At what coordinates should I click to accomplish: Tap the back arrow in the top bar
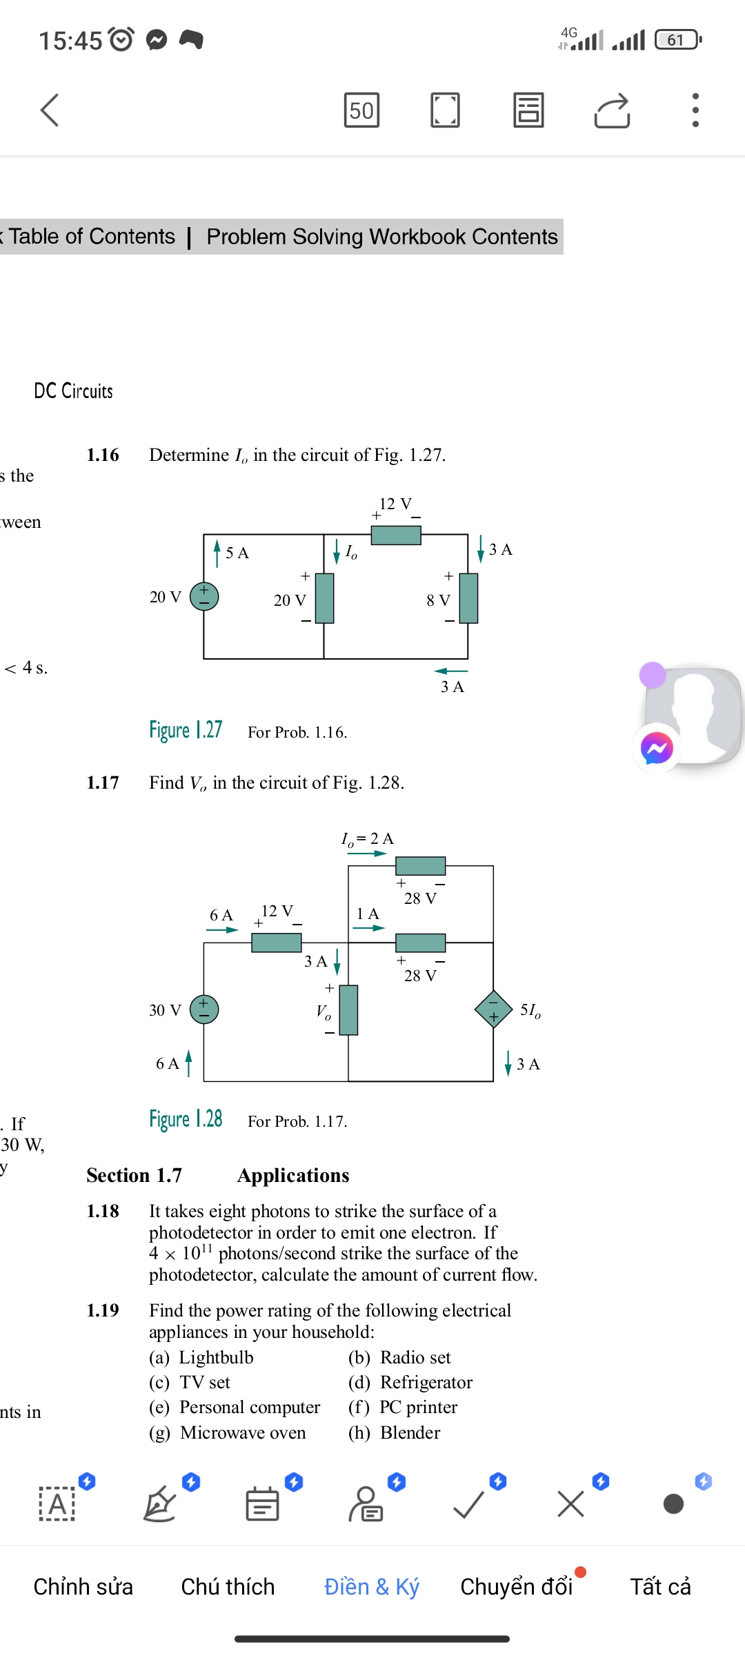pos(50,110)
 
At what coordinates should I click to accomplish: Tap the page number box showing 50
pos(361,110)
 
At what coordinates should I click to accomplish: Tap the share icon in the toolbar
pos(612,110)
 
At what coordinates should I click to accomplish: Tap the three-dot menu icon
pos(695,110)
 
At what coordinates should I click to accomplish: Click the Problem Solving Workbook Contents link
pos(381,237)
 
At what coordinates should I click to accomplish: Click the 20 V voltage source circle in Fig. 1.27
pos(204,596)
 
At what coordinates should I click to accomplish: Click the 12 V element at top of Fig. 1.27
pos(396,535)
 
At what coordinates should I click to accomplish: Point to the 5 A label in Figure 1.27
pos(237,553)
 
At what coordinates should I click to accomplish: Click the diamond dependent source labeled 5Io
pos(493,1009)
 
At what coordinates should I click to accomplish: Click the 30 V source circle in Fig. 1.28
pos(204,1009)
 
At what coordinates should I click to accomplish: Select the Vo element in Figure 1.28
pos(349,1010)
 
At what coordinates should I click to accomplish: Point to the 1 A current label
pos(367,914)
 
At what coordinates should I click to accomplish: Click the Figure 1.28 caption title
pos(186,1119)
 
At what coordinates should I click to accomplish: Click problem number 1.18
pos(103,1211)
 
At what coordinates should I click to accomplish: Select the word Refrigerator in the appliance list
pos(426,1382)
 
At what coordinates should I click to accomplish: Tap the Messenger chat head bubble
pos(657,748)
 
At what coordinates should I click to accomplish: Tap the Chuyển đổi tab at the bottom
pos(516,1586)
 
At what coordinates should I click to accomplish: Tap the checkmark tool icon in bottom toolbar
pos(468,1504)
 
